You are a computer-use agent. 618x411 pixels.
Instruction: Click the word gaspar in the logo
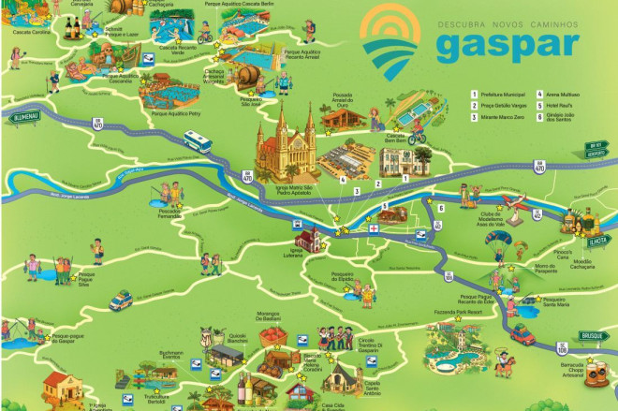tap(505, 46)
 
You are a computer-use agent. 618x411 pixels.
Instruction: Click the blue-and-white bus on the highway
tap(198, 141)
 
